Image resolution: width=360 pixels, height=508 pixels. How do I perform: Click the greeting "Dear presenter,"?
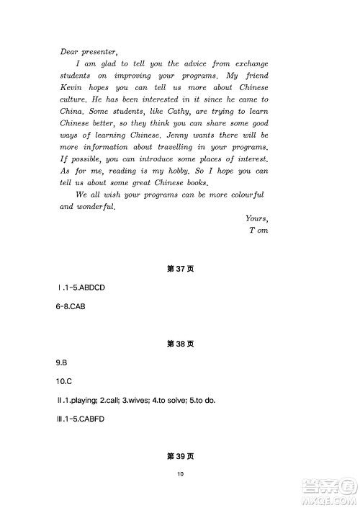click(x=88, y=50)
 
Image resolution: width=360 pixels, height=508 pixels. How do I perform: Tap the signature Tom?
click(x=258, y=231)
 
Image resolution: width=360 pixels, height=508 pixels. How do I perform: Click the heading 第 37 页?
click(x=180, y=269)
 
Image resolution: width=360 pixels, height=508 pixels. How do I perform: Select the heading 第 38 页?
click(x=180, y=344)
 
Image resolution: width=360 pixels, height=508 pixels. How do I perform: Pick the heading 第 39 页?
click(x=180, y=456)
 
